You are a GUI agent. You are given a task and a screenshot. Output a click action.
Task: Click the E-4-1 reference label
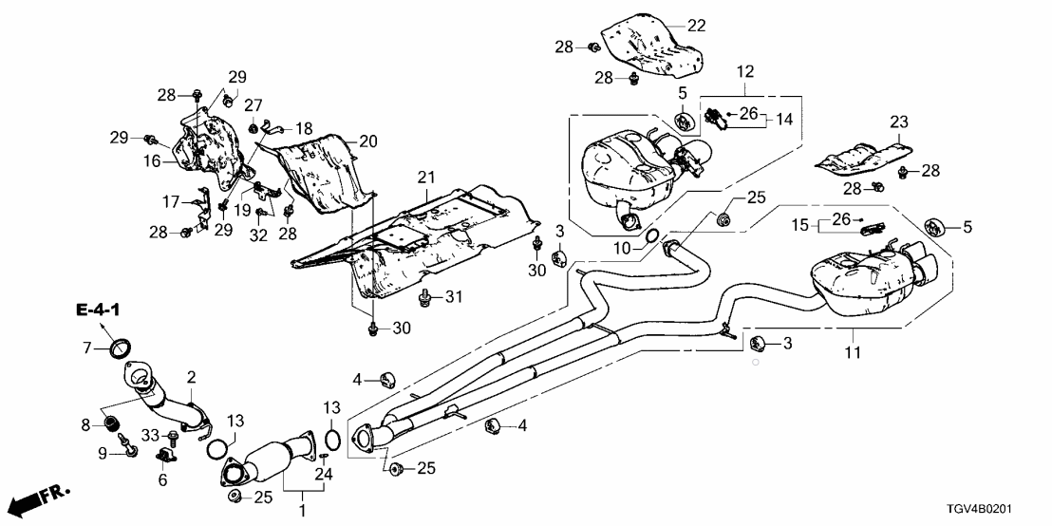99,310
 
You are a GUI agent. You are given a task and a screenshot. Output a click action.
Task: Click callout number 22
697,27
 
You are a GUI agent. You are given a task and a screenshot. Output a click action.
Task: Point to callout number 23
899,122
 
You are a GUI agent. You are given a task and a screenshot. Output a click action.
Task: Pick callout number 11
853,353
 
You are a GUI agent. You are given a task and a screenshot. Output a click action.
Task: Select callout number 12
744,71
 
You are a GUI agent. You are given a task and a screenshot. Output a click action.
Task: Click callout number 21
425,177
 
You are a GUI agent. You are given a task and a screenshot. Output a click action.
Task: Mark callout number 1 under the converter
304,512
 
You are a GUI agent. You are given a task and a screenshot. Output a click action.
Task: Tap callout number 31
455,297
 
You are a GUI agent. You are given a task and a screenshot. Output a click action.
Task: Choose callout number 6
160,480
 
